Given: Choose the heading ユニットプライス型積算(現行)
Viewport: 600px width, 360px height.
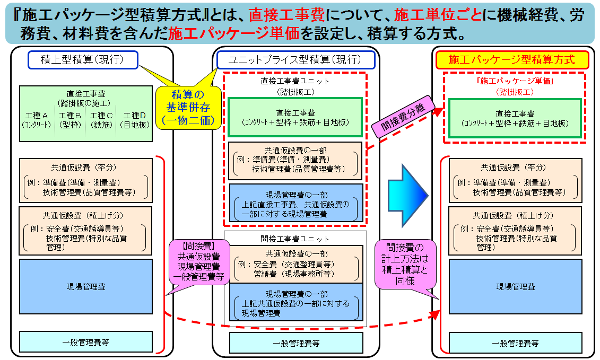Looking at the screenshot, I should coord(295,60).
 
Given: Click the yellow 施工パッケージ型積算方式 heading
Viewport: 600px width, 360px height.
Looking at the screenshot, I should coord(511,59).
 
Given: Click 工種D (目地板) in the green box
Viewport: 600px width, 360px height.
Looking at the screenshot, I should coord(134,120).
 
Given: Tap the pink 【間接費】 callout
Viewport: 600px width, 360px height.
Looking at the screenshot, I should coord(197,262).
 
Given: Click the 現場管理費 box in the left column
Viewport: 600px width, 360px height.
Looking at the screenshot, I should coord(85,287).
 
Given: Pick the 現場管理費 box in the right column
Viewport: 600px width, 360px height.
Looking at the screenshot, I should coord(515,287).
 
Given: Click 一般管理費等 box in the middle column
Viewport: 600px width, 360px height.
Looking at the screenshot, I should coord(296,343).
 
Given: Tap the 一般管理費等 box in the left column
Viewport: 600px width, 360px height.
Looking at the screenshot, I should coord(85,342).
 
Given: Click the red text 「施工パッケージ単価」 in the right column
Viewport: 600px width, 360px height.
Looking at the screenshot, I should coord(515,82).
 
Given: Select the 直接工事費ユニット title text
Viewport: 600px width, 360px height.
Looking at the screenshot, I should coord(295,81).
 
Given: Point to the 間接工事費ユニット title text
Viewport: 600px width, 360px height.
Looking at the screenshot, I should coord(295,239).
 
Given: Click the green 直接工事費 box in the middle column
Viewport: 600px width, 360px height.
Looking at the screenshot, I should coord(295,117).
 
